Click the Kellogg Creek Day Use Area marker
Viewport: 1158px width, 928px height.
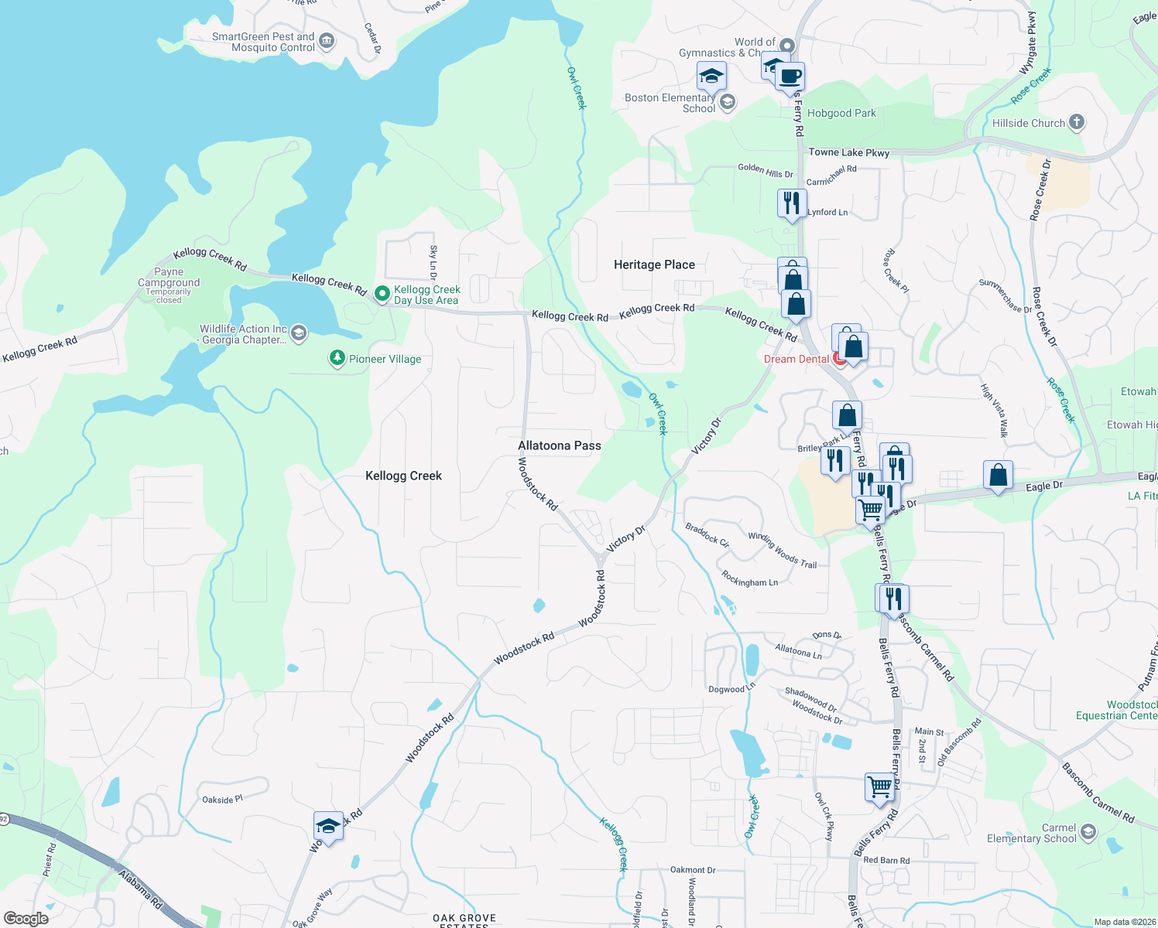[x=382, y=294]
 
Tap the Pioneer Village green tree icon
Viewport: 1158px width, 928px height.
[x=337, y=358]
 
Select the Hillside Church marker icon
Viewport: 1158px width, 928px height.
[x=1076, y=122]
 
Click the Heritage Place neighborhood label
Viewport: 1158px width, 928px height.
[x=654, y=264]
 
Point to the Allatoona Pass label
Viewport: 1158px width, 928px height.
[x=559, y=445]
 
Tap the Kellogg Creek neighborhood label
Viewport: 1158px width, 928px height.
[x=403, y=476]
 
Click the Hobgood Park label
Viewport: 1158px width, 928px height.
[x=841, y=113]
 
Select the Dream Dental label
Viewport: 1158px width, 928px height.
[x=796, y=359]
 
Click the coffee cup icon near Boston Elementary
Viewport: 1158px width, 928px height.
[x=790, y=77]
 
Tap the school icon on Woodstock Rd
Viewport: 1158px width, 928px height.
[x=328, y=826]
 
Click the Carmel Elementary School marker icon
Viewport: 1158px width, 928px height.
[x=1088, y=832]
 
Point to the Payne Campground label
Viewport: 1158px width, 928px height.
[x=169, y=278]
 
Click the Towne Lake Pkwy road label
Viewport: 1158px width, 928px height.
[x=848, y=152]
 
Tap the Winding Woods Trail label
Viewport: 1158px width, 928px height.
[x=782, y=550]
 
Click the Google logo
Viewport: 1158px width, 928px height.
[x=26, y=918]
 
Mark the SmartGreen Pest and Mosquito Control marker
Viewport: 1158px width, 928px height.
[x=327, y=41]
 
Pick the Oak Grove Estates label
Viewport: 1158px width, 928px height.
[x=464, y=920]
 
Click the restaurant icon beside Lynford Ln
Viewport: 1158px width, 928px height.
[x=791, y=204]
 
